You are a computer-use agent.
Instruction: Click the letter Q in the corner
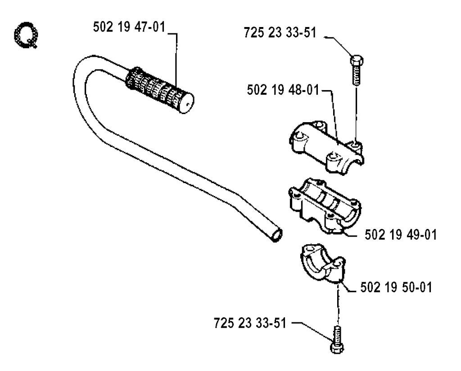pyautogui.click(x=26, y=35)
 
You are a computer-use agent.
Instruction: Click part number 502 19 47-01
pyautogui.click(x=129, y=27)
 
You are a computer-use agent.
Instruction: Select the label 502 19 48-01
pyautogui.click(x=283, y=90)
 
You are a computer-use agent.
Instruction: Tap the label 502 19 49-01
pyautogui.click(x=401, y=235)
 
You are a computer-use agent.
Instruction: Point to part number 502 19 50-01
pyautogui.click(x=396, y=287)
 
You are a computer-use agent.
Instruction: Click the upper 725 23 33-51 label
pyautogui.click(x=280, y=32)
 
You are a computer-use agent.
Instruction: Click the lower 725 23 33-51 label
pyautogui.click(x=250, y=323)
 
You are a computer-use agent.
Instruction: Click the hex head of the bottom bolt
pyautogui.click(x=337, y=348)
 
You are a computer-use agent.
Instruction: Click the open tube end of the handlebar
pyautogui.click(x=277, y=236)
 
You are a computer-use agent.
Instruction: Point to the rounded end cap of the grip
pyautogui.click(x=186, y=103)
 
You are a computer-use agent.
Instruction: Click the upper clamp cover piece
pyautogui.click(x=327, y=147)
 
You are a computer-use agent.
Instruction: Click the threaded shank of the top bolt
pyautogui.click(x=356, y=75)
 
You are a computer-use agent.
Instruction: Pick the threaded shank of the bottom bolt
pyautogui.click(x=337, y=334)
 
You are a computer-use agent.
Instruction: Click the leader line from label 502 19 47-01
pyautogui.click(x=176, y=59)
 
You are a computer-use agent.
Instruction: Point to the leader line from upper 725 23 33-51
pyautogui.click(x=339, y=46)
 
